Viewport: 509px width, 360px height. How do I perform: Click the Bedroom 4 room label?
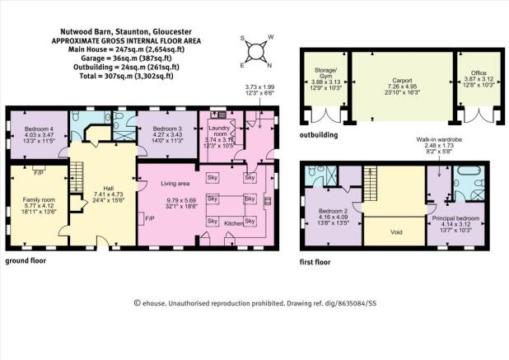(40, 129)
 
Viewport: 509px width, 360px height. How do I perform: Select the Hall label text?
(97, 187)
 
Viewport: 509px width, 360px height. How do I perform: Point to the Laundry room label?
(218, 130)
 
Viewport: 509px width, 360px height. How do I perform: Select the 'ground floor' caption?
(26, 259)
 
